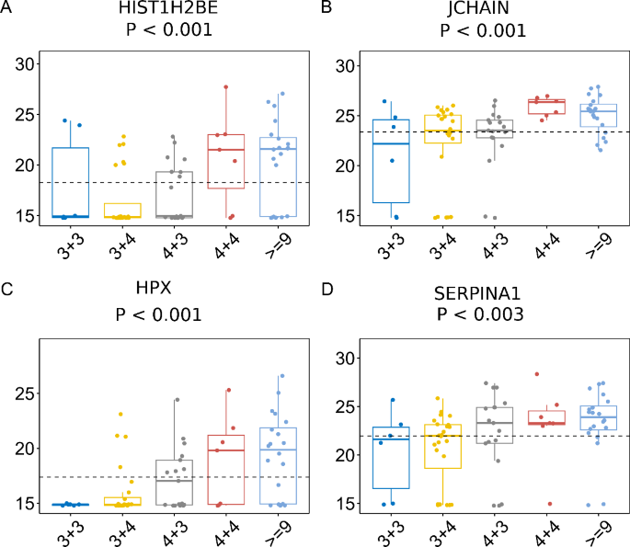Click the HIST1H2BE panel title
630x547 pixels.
[168, 7]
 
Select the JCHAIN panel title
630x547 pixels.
[478, 8]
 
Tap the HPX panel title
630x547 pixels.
[154, 288]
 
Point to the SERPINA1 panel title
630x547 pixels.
[477, 293]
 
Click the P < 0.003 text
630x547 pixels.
[480, 314]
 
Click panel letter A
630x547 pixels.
[6, 6]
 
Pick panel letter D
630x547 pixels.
[327, 290]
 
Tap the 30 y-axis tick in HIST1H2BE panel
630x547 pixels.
[25, 63]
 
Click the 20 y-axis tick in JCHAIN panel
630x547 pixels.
[346, 165]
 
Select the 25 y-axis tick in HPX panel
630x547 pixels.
[25, 393]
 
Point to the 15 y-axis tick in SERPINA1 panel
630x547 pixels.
[346, 504]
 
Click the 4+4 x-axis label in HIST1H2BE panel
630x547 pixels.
[227, 245]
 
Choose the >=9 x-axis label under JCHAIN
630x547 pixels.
[599, 245]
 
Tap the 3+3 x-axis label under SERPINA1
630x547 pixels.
[392, 533]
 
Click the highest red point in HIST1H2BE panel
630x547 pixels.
[226, 86]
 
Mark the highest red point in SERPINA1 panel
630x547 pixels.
[537, 374]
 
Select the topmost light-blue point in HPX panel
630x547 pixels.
[282, 376]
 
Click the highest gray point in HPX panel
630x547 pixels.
[177, 400]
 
